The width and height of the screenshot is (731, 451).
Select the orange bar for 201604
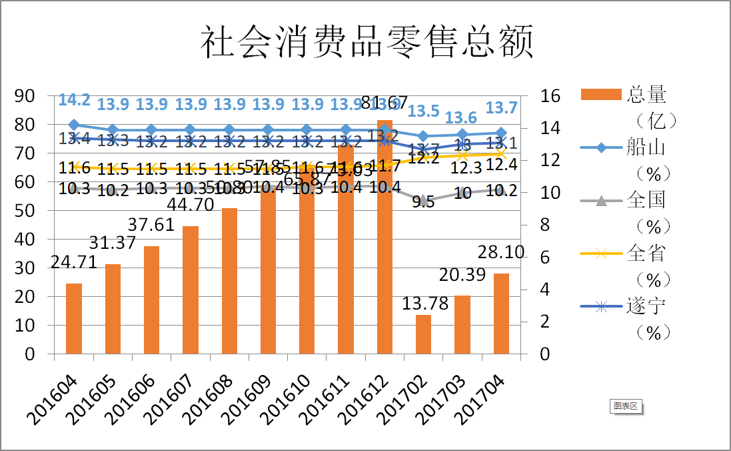(x=74, y=318)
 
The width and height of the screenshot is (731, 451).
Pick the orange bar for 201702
(x=423, y=334)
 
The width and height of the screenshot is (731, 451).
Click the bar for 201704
(x=501, y=313)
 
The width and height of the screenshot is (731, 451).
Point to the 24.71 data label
(x=74, y=264)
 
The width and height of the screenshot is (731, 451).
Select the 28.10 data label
(x=501, y=253)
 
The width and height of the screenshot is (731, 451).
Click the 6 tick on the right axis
(x=545, y=258)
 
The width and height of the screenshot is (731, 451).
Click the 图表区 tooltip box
(x=626, y=406)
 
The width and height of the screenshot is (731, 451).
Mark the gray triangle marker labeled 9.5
(x=423, y=199)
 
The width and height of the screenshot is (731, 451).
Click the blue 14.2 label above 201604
(x=74, y=100)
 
